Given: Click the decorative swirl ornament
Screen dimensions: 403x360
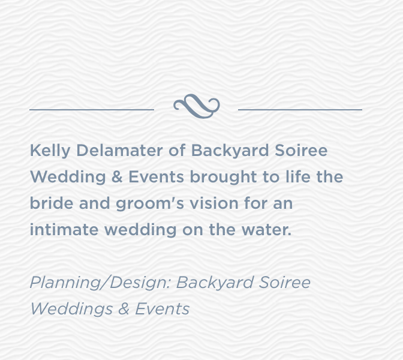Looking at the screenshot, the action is pos(197,106).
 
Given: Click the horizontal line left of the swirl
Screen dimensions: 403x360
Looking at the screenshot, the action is pos(92,110).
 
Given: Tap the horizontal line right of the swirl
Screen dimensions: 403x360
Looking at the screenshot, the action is pos(300,110).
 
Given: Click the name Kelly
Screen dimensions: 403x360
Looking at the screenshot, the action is pos(50,151).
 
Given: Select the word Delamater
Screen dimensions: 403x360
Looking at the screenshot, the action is pos(119,151).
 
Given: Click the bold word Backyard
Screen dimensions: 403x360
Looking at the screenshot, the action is pos(230,151).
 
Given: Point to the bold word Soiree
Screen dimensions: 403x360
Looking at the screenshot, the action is pos(301,151).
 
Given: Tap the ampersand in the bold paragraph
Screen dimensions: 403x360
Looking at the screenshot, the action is pos(117,177).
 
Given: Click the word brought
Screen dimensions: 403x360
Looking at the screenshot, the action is pos(223,178).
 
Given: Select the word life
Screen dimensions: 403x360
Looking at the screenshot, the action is pos(298,176).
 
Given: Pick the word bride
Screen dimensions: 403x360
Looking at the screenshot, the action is pos(52,203).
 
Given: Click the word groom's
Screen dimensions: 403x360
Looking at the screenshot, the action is pos(150,204).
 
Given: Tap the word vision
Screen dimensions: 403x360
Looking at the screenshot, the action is pos(214,203).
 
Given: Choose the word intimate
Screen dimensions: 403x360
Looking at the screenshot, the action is pos(64,229).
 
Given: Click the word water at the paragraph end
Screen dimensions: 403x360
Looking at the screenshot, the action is pos(267,230).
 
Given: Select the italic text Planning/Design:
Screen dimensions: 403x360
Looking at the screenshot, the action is pos(100,283).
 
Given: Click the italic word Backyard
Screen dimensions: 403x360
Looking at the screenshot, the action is pos(215,283).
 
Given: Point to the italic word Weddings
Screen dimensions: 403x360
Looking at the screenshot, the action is pos(71,310).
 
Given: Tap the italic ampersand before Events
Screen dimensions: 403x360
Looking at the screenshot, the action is pos(124,309).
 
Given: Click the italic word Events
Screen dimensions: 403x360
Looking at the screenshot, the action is pos(163,309).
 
